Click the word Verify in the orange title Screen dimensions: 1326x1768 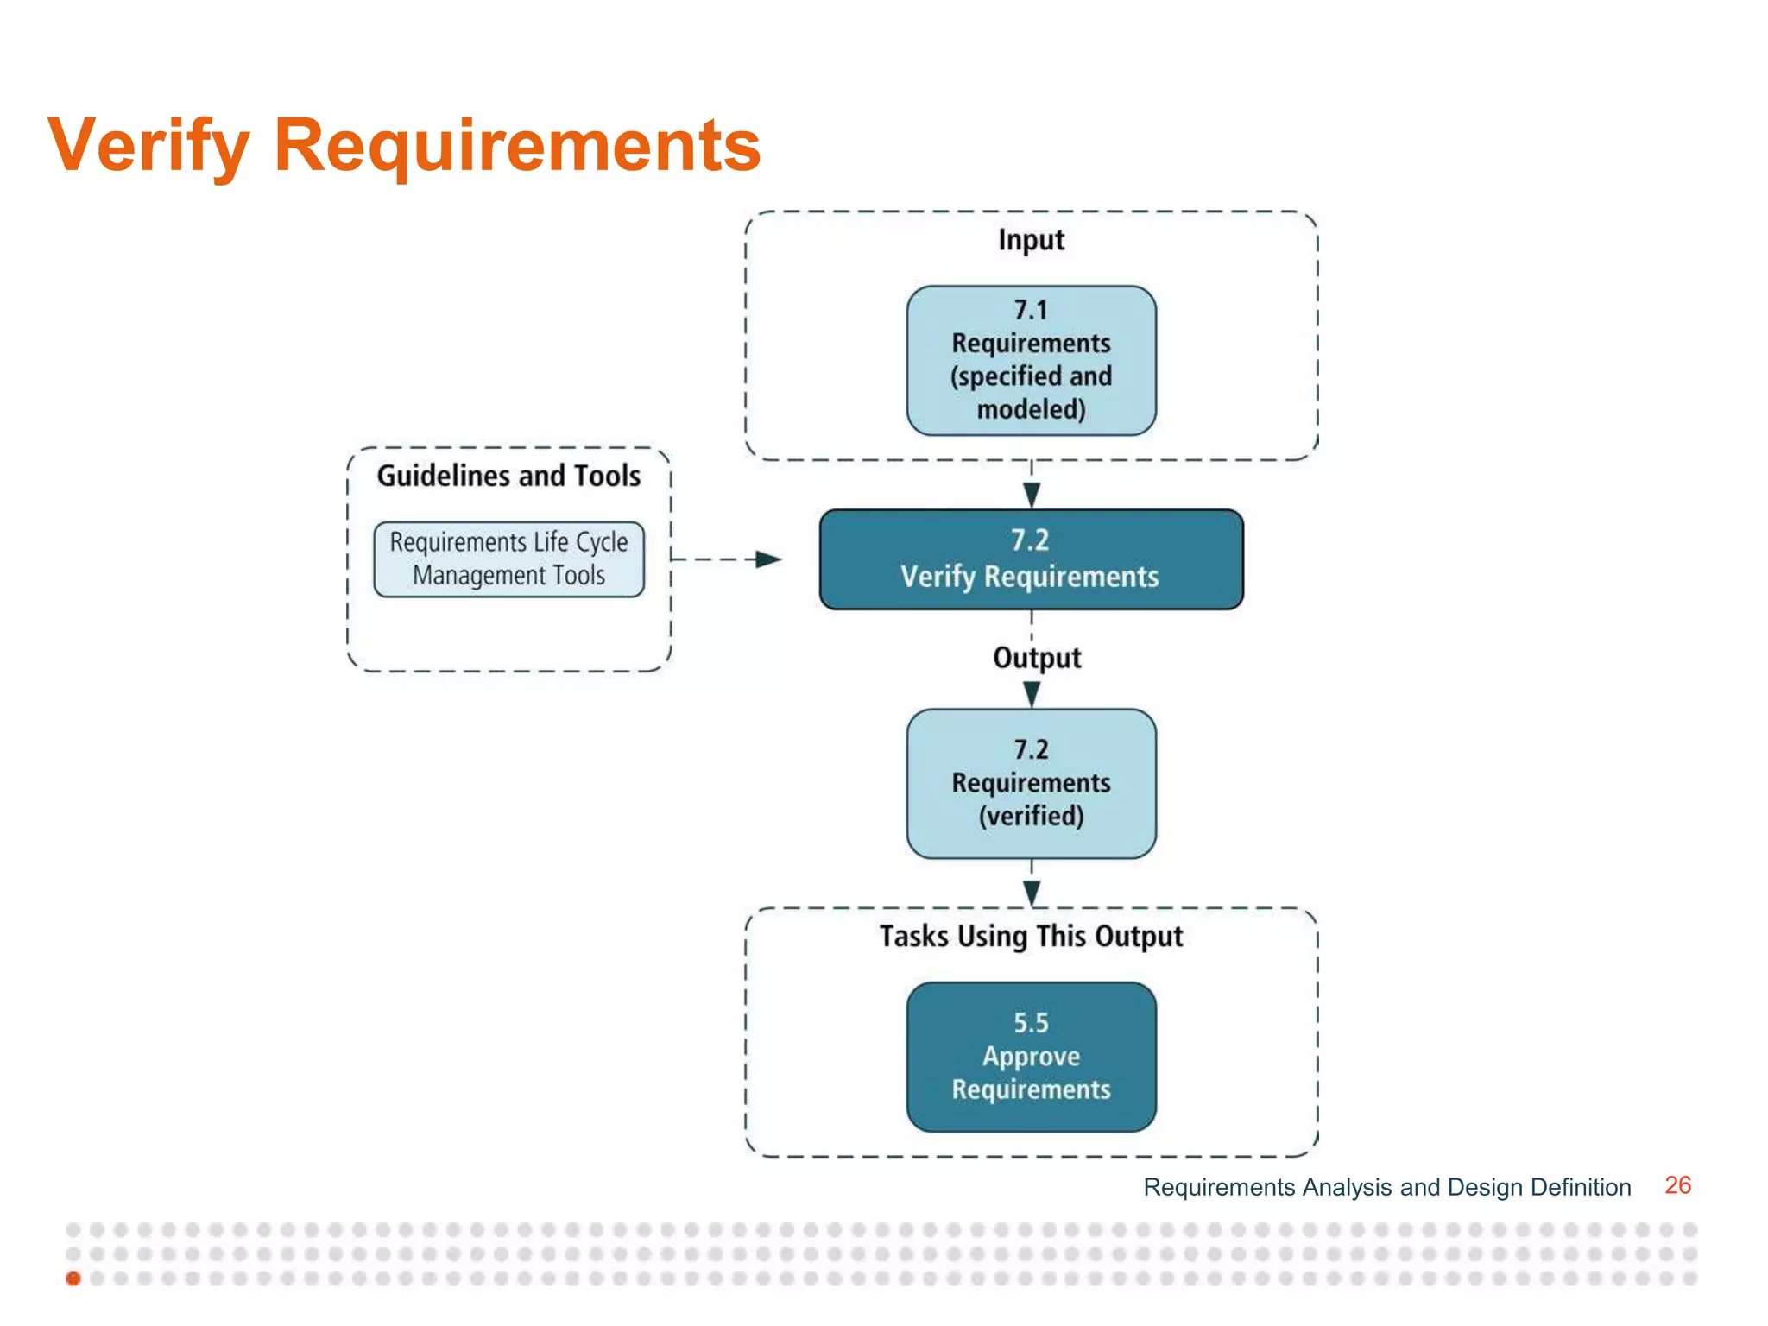(148, 145)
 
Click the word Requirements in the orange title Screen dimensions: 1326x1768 (516, 145)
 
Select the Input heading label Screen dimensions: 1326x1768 (1031, 240)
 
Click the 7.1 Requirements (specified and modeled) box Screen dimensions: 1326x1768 (1031, 361)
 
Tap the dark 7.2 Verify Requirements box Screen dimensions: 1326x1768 (1031, 559)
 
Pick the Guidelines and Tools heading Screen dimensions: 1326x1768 (508, 476)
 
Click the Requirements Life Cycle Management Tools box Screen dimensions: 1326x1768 (508, 559)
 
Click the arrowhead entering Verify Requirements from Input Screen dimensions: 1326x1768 (1032, 495)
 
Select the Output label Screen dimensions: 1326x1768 (1036, 658)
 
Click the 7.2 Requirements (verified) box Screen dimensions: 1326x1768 (1031, 783)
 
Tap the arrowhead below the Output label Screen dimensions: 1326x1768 (1032, 693)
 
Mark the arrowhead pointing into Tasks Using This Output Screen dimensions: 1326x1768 (1032, 893)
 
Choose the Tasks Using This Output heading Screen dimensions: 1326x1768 (1031, 937)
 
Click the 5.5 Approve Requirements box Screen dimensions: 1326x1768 (1031, 1057)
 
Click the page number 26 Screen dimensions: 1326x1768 (1677, 1185)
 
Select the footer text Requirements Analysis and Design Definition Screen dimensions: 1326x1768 (1386, 1187)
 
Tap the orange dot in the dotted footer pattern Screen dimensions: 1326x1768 (73, 1279)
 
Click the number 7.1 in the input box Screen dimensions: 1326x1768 (1031, 310)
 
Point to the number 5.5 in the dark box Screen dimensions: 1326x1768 (1031, 1024)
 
